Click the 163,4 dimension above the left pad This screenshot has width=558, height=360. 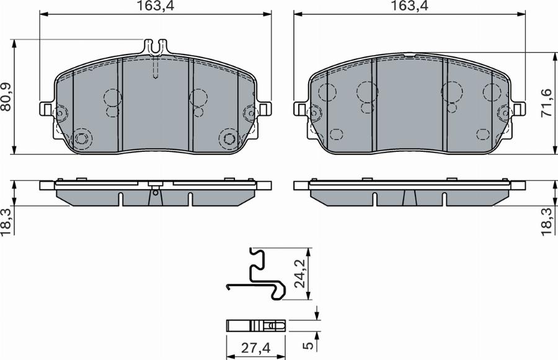[x=155, y=7]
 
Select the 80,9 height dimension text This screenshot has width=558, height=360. [x=7, y=97]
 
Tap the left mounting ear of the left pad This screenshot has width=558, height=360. [x=46, y=109]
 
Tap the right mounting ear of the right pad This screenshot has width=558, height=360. [x=518, y=109]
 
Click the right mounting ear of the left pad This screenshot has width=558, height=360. [x=265, y=109]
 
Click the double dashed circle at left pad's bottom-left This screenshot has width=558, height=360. [x=81, y=138]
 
